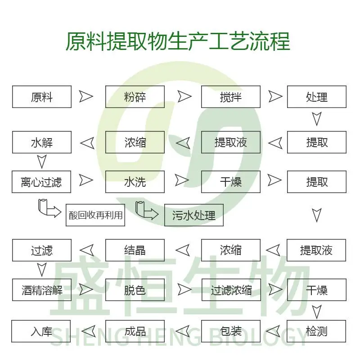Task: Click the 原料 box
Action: pos(42,97)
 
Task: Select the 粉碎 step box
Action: pos(135,97)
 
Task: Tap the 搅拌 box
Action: pos(231,97)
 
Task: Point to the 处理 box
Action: pos(317,97)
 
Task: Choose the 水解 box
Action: pos(42,142)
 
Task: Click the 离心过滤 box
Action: pos(41,182)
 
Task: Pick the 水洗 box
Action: pos(135,182)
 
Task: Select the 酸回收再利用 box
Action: pos(95,215)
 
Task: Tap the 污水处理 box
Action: pos(194,215)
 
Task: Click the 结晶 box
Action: pos(135,250)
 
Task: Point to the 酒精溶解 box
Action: pos(42,290)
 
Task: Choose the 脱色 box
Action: pos(135,290)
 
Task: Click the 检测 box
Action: pos(316,331)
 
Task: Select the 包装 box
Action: pos(231,331)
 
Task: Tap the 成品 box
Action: pos(135,331)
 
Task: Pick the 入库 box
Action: pos(41,331)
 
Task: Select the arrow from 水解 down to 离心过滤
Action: pos(42,162)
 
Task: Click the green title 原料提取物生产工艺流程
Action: pos(178,41)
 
